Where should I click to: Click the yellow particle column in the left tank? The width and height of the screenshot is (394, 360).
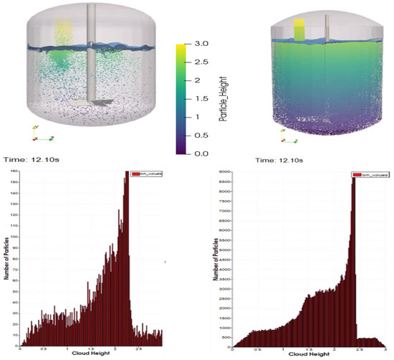coord(64,32)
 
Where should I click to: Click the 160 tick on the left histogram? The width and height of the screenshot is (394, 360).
coord(14,172)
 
